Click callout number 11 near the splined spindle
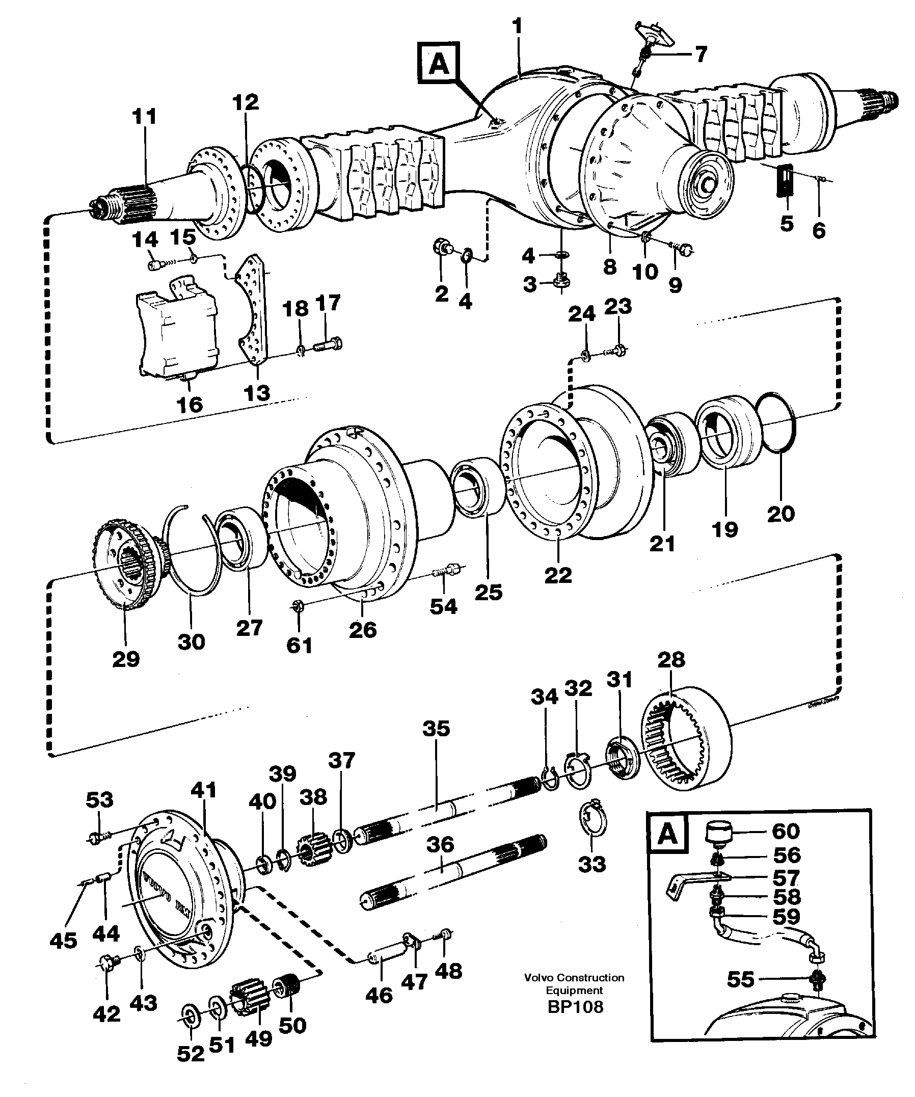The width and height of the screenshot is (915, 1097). pyautogui.click(x=144, y=117)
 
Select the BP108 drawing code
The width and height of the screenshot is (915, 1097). pyautogui.click(x=575, y=1007)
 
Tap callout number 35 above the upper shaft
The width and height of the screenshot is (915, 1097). pyautogui.click(x=436, y=728)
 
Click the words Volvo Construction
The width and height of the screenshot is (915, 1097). pyautogui.click(x=575, y=977)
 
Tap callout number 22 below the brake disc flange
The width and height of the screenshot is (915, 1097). pyautogui.click(x=558, y=575)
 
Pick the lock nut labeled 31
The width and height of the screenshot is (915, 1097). pyautogui.click(x=622, y=760)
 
